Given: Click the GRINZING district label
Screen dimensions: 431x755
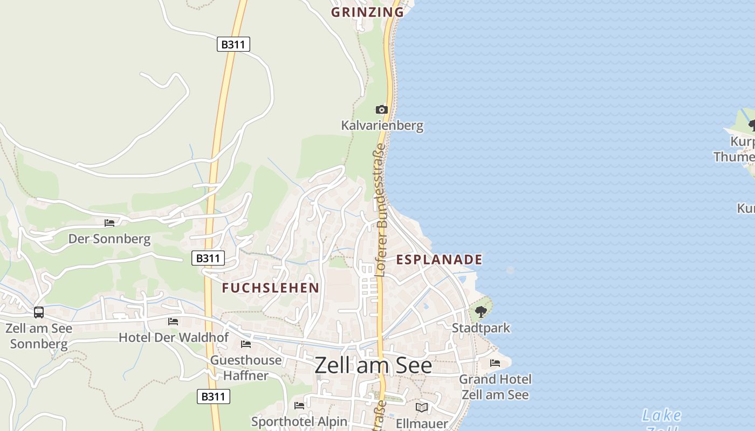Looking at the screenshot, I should point(367,12).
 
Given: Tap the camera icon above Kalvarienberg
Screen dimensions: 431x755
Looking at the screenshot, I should point(382,110).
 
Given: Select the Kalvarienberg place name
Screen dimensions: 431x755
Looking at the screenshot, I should point(382,126).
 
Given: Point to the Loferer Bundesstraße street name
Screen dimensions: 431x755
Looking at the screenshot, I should point(381,210).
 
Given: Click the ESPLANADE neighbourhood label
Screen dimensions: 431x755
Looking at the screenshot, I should point(439,260).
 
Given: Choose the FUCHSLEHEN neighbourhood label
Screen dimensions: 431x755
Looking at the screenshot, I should point(271,288).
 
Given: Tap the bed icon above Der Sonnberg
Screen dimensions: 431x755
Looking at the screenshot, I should point(109,223).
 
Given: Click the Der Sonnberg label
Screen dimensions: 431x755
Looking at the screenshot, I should point(109,239).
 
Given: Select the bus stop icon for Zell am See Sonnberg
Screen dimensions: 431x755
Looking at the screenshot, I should point(39,312).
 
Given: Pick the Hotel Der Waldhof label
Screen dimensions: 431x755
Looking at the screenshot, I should point(174,338).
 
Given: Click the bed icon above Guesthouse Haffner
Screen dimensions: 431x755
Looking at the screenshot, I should point(246,344).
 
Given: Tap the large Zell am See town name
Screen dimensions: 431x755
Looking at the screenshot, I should point(373,366).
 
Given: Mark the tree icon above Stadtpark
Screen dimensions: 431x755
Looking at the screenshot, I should point(481,312).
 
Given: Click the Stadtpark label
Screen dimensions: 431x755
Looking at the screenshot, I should point(481,328).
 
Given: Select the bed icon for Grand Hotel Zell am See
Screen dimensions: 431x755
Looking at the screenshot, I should point(495,363).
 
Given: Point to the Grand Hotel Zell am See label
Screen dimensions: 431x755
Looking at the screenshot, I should point(495,387).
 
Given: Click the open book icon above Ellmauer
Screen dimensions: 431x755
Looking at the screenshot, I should point(422,407).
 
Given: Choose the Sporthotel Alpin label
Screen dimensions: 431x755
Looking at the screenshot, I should point(299,421).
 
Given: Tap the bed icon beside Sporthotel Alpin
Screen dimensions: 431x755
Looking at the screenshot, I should point(299,406).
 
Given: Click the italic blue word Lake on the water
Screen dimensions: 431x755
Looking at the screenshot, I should point(662,415).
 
